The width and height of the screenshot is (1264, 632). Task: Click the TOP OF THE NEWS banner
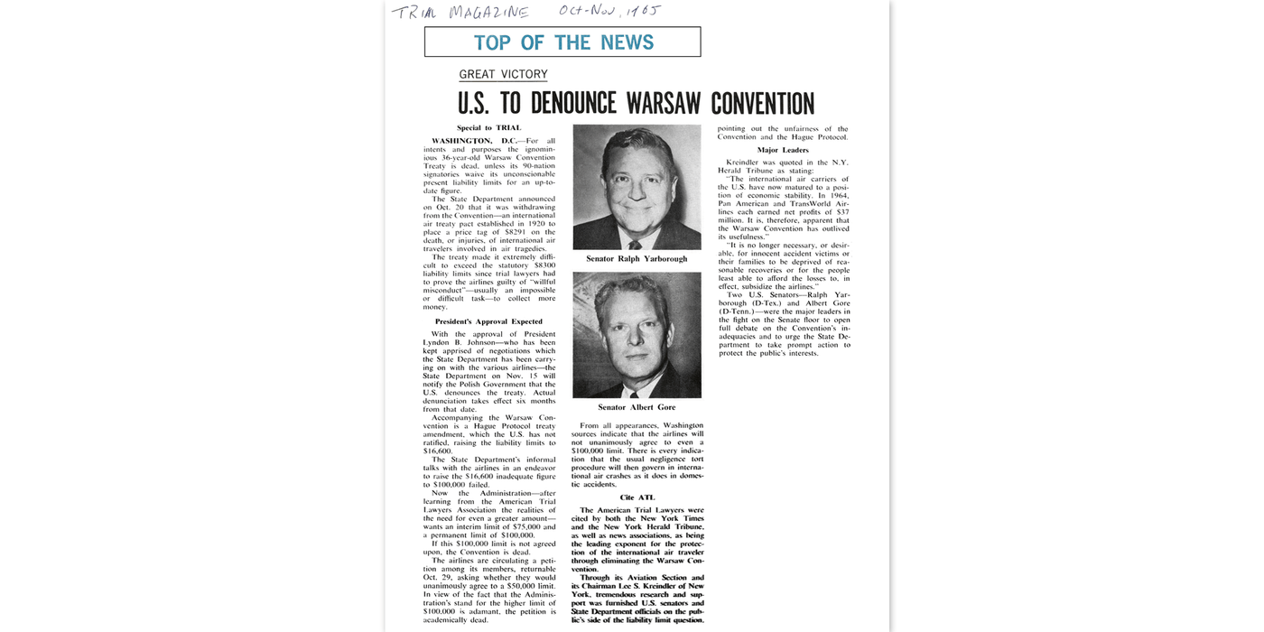562,42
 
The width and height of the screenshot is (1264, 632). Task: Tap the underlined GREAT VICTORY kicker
503,75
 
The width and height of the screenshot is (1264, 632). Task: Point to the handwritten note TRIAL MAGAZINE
460,13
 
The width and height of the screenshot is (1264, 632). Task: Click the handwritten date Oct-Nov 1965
609,11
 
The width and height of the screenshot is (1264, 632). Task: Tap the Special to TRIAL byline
488,128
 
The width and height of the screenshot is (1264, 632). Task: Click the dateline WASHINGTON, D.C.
474,141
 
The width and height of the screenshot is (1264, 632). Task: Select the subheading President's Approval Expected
488,321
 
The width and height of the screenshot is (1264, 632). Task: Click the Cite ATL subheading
637,497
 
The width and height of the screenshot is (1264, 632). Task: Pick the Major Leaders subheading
783,150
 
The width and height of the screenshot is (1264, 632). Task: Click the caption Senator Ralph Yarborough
637,259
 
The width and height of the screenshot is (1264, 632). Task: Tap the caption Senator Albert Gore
637,407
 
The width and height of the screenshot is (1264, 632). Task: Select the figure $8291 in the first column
522,233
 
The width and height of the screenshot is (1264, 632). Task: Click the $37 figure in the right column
842,212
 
